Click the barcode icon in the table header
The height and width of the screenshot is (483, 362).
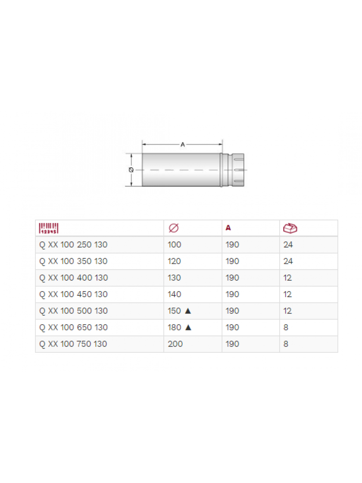[x=49, y=228]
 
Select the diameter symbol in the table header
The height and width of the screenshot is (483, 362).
[x=174, y=228]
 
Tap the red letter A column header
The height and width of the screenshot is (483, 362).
[x=228, y=228]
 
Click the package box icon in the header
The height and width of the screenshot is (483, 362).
[x=290, y=228]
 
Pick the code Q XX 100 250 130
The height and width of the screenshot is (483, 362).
[x=73, y=245]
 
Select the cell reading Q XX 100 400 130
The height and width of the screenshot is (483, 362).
[x=74, y=278]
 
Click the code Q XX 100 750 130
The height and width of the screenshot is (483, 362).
[x=73, y=344]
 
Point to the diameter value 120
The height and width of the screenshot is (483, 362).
[x=174, y=261]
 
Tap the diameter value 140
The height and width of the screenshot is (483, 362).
[x=174, y=295]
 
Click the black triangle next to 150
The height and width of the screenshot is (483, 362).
[x=188, y=311]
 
